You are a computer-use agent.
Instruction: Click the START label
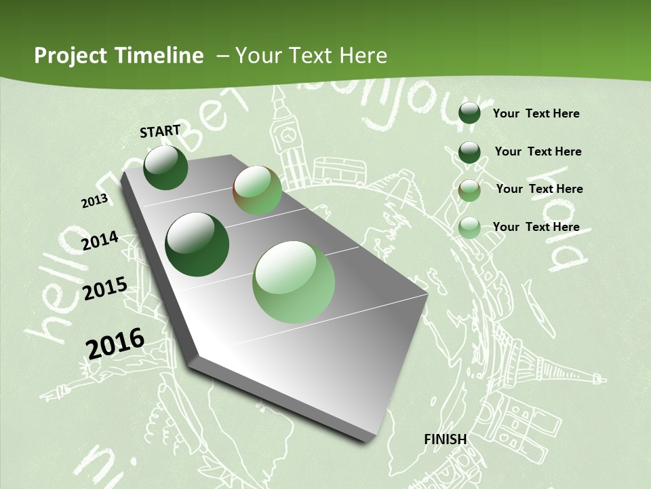160,131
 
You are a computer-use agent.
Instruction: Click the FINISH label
445,439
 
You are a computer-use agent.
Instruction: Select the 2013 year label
94,200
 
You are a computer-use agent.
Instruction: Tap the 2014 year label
100,241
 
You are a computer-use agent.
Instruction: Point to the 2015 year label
104,289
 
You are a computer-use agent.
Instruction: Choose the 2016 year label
115,343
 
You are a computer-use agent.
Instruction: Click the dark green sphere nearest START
165,168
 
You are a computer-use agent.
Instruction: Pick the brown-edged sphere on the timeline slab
257,191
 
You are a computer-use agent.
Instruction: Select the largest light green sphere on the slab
294,282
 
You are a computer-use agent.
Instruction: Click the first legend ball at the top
469,113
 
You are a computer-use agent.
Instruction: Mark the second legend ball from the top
469,151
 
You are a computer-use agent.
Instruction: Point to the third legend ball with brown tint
469,189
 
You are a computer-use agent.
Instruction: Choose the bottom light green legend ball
469,228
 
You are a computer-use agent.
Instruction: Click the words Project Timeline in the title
119,56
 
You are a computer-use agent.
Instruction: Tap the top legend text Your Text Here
536,113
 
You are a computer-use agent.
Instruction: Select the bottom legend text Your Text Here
536,227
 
